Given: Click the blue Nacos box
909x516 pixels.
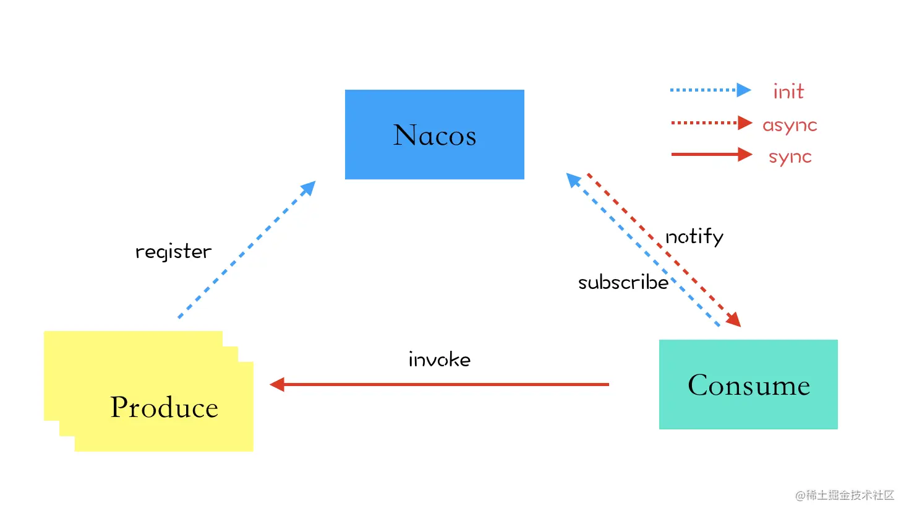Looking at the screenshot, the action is (x=434, y=134).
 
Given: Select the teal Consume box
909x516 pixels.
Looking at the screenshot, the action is (x=748, y=384).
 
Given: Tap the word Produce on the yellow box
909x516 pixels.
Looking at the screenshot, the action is (x=164, y=406).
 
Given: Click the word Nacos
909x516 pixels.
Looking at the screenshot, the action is (x=435, y=135).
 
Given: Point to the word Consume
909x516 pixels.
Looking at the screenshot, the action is (x=749, y=384).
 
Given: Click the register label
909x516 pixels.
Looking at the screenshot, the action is (x=173, y=251).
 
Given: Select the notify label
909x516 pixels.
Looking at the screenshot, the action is (x=694, y=237).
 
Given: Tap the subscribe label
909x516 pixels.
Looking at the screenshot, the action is (x=623, y=282).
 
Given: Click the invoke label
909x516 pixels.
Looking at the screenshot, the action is (x=440, y=359).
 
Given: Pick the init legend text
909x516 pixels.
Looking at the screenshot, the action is (x=788, y=91).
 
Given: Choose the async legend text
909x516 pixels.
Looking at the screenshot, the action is (x=790, y=125).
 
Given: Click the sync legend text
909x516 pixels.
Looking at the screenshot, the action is (x=790, y=157).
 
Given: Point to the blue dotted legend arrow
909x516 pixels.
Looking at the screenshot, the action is (x=711, y=90).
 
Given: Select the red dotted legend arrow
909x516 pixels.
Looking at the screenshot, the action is (x=712, y=123).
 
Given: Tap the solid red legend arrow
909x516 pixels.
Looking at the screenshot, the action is (x=712, y=154).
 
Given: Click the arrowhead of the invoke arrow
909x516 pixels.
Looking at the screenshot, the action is (x=277, y=384).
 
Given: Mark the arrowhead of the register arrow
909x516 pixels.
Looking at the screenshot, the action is (x=309, y=187).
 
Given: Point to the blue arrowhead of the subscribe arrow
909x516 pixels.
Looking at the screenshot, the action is (x=573, y=180).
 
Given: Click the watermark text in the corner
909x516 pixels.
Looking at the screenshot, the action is (x=845, y=496).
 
